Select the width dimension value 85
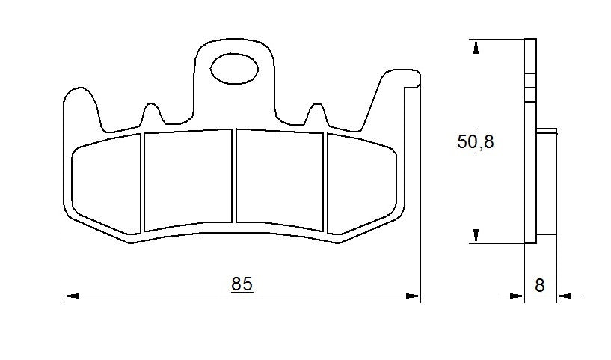tap(242, 284)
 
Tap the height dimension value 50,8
tap(476, 142)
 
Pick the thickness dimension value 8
tap(540, 284)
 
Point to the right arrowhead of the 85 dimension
tap(413, 296)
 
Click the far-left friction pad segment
tap(105, 183)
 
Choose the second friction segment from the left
tap(188, 180)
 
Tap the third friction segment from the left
tap(280, 177)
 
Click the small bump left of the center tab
tap(152, 114)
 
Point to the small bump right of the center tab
tap(315, 114)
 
